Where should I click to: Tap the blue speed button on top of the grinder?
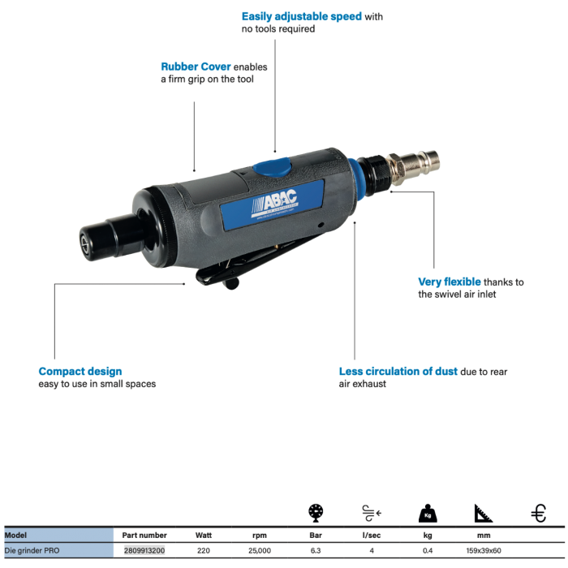[x=273, y=168]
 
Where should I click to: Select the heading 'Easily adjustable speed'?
[x=301, y=16]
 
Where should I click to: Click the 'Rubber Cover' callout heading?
[x=196, y=67]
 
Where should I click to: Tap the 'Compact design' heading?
[x=80, y=372]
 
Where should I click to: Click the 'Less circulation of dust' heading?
[x=398, y=372]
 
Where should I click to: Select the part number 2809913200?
[x=144, y=550]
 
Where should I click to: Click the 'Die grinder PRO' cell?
[x=32, y=550]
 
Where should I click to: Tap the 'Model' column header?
[x=15, y=536]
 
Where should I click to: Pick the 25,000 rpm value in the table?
[x=259, y=550]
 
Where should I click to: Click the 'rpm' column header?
[x=259, y=536]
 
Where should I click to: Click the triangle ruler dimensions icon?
[x=483, y=513]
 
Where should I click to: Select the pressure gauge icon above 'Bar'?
[x=316, y=513]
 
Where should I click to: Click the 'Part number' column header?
[x=144, y=536]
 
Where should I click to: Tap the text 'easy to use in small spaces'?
[x=97, y=384]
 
